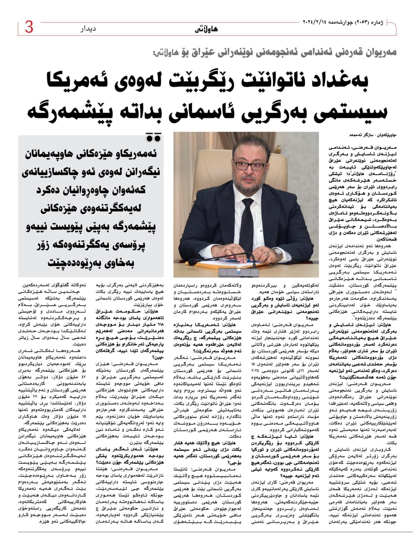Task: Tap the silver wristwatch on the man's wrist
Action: (x=278, y=253)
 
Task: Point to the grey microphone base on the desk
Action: (x=239, y=270)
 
